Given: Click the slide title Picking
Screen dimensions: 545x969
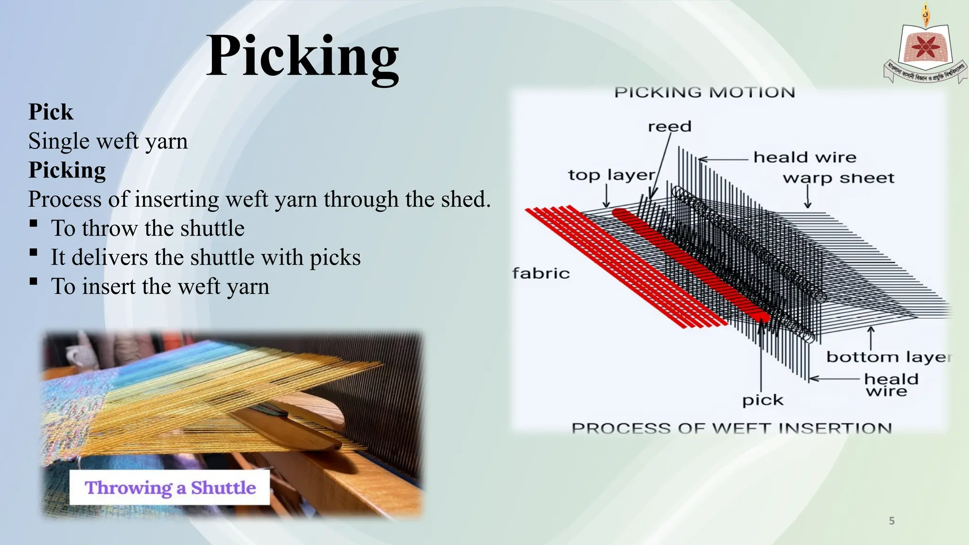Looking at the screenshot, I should (x=303, y=57).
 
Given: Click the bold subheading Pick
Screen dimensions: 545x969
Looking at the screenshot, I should (x=51, y=112).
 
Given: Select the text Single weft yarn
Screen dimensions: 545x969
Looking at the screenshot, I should (x=108, y=141).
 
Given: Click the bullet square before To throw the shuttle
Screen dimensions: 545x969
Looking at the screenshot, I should (x=33, y=223).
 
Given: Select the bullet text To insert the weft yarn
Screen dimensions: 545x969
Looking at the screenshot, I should (x=160, y=287).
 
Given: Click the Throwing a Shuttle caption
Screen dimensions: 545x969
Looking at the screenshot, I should (x=170, y=488).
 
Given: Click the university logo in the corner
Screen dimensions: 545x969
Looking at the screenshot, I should (x=925, y=47).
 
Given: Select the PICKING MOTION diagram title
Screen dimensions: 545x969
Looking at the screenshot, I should (x=705, y=92).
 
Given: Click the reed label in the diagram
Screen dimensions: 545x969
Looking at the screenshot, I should (x=669, y=126).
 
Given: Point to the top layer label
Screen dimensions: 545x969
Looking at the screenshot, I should (x=611, y=175).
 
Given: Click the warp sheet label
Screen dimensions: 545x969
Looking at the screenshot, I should (x=838, y=178).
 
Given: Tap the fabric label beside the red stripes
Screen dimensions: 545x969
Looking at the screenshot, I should (x=541, y=273).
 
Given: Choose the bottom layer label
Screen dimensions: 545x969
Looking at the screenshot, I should (x=888, y=357).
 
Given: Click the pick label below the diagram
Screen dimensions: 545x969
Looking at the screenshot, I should (x=762, y=400).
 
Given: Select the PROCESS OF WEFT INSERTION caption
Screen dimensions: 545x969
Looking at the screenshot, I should (x=731, y=428).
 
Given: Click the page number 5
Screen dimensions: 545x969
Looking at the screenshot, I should (x=891, y=521).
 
